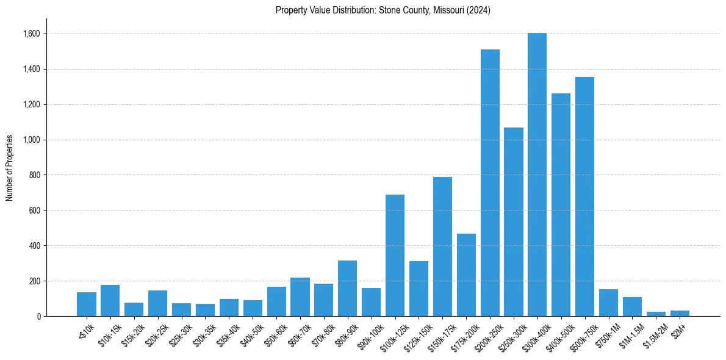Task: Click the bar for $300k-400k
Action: click(x=537, y=175)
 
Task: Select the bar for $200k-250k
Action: click(x=490, y=183)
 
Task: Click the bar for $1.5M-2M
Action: click(x=656, y=314)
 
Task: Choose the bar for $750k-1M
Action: click(x=608, y=303)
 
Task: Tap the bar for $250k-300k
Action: click(x=514, y=222)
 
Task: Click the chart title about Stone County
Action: click(x=383, y=10)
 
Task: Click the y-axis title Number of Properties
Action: click(x=10, y=168)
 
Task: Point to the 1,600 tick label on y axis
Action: click(x=31, y=34)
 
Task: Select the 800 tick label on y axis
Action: click(x=34, y=175)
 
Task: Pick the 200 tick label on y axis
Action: click(x=34, y=281)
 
